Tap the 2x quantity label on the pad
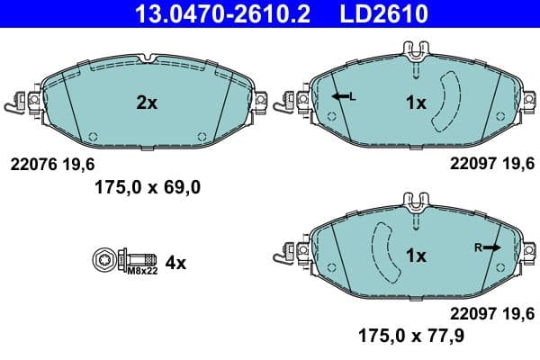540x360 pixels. point(147,103)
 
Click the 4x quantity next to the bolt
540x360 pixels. point(175,263)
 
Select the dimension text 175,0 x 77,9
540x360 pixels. point(400,336)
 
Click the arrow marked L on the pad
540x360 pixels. point(341,96)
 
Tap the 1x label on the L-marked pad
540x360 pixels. point(415,103)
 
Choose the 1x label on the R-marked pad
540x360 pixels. point(415,256)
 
